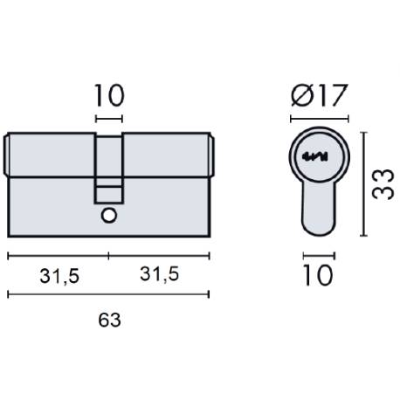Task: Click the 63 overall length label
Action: tap(108, 320)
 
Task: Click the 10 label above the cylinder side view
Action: tap(109, 93)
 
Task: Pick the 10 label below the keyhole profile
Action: tap(319, 276)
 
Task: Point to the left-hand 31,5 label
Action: tap(59, 276)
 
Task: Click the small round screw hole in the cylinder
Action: tap(109, 215)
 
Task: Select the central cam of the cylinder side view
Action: tap(109, 166)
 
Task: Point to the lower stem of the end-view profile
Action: tap(319, 210)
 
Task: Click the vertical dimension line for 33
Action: tap(362, 183)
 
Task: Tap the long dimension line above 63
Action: tap(108, 295)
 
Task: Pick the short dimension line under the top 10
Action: tap(109, 118)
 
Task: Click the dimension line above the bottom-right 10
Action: tap(319, 256)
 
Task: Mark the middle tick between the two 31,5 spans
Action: tap(109, 256)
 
